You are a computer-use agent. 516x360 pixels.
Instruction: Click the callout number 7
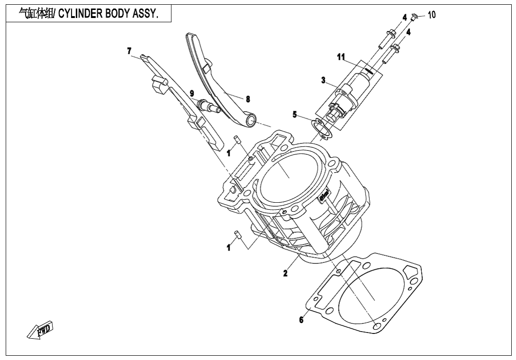coord(129,51)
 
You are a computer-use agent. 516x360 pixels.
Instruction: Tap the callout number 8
coord(248,99)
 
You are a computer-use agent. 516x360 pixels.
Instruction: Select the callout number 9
coord(192,93)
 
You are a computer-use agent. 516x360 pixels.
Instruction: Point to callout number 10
coord(431,15)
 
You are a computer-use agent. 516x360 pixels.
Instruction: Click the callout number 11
coord(341,57)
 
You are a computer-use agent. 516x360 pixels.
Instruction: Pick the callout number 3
coord(323,81)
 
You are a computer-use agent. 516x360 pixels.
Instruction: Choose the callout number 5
coord(294,114)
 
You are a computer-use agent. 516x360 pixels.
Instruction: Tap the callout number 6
coord(301,320)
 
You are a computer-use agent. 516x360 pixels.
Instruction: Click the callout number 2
coord(285,273)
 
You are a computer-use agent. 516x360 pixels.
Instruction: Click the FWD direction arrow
coord(41,330)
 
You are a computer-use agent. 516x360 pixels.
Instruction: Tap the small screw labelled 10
coord(413,17)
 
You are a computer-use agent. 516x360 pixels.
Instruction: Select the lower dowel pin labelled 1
coord(239,234)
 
